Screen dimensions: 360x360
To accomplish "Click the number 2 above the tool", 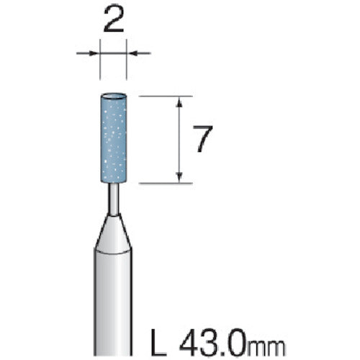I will pyautogui.click(x=114, y=22).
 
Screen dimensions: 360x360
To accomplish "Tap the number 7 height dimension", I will pyautogui.click(x=203, y=140).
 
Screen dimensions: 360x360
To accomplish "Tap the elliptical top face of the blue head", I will pyautogui.click(x=114, y=96).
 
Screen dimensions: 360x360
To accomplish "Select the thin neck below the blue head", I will pyautogui.click(x=114, y=198).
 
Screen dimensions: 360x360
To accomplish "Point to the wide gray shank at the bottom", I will pyautogui.click(x=114, y=302).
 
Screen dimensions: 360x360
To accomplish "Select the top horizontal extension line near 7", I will pyautogui.click(x=166, y=96).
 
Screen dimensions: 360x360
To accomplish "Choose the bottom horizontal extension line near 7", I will pyautogui.click(x=166, y=184).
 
